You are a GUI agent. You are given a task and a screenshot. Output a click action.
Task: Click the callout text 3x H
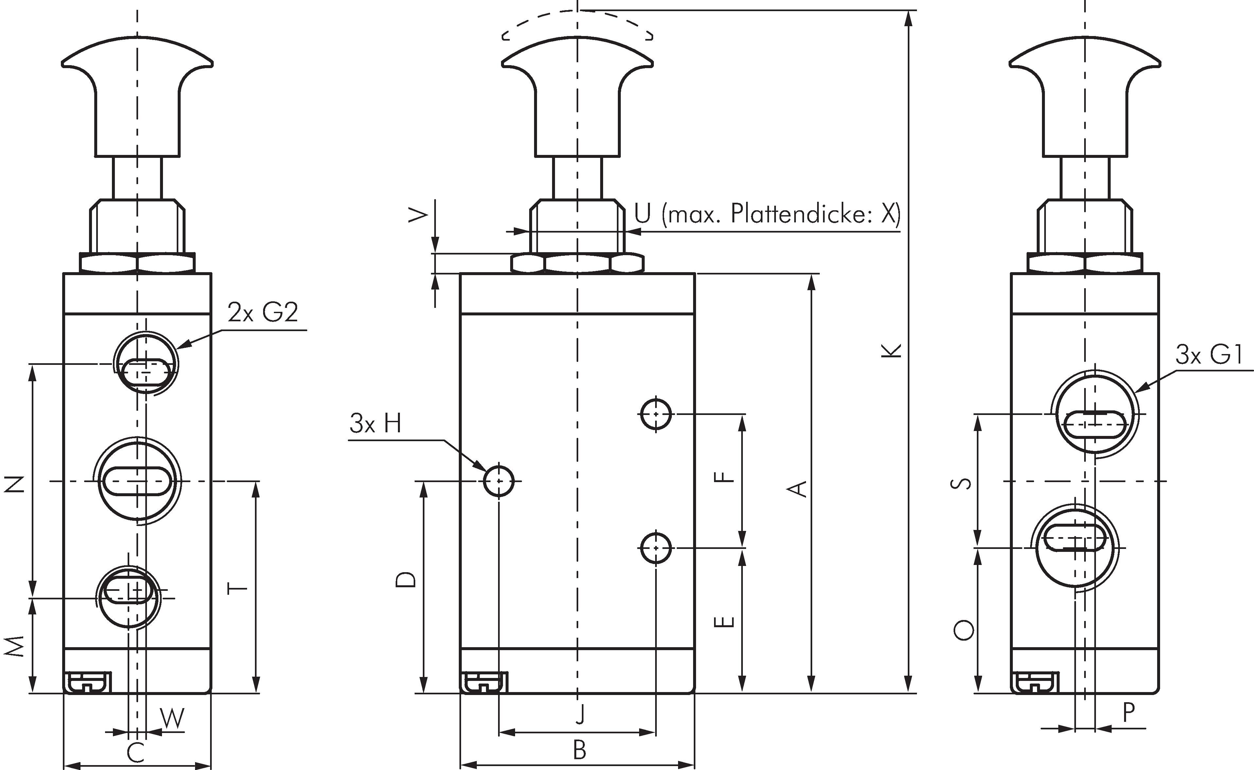tap(376, 424)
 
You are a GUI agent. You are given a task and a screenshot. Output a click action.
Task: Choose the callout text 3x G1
tap(1209, 355)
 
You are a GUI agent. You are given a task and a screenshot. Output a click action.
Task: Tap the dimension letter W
tap(172, 719)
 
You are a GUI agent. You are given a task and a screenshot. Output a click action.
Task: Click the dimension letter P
tap(1129, 713)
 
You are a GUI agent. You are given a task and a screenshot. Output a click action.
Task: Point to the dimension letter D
tap(406, 579)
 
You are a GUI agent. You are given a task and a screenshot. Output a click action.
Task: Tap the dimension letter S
tap(961, 483)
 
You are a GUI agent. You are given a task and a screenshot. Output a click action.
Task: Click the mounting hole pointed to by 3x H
tap(499, 480)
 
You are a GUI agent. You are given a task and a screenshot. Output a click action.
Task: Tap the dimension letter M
tap(16, 646)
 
